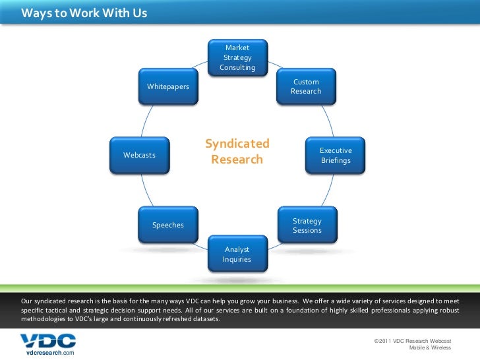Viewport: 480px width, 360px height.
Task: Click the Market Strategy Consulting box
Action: tap(237, 57)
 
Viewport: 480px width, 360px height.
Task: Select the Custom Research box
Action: tap(306, 86)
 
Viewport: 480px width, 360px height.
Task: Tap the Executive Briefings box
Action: tap(336, 156)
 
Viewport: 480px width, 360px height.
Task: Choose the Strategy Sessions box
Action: tap(307, 225)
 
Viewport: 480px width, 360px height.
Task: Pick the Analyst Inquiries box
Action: tap(237, 254)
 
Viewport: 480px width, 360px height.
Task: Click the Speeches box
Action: tap(168, 225)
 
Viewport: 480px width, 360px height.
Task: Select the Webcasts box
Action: tap(139, 155)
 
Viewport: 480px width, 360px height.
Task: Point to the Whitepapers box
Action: tap(168, 86)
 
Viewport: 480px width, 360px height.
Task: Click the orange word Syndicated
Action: tap(237, 144)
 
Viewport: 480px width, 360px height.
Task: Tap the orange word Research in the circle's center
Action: tap(237, 160)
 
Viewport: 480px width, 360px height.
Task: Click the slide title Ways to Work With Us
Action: tap(84, 13)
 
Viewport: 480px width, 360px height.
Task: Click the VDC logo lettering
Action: tap(47, 340)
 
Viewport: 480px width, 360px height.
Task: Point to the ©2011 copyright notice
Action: tap(412, 340)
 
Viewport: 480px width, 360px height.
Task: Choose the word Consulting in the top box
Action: tap(237, 68)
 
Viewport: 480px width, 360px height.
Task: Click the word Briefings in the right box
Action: tap(336, 161)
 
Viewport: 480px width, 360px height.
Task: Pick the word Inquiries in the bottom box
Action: tap(237, 259)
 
